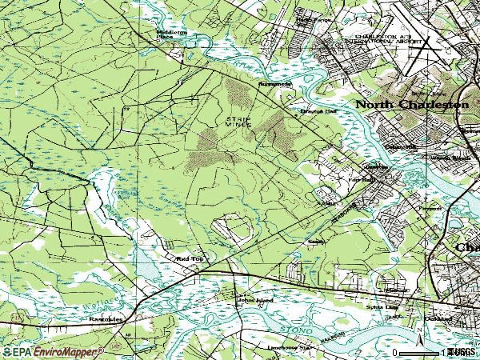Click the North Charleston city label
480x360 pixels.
[x=412, y=105]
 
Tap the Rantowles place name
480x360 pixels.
[x=106, y=318]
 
